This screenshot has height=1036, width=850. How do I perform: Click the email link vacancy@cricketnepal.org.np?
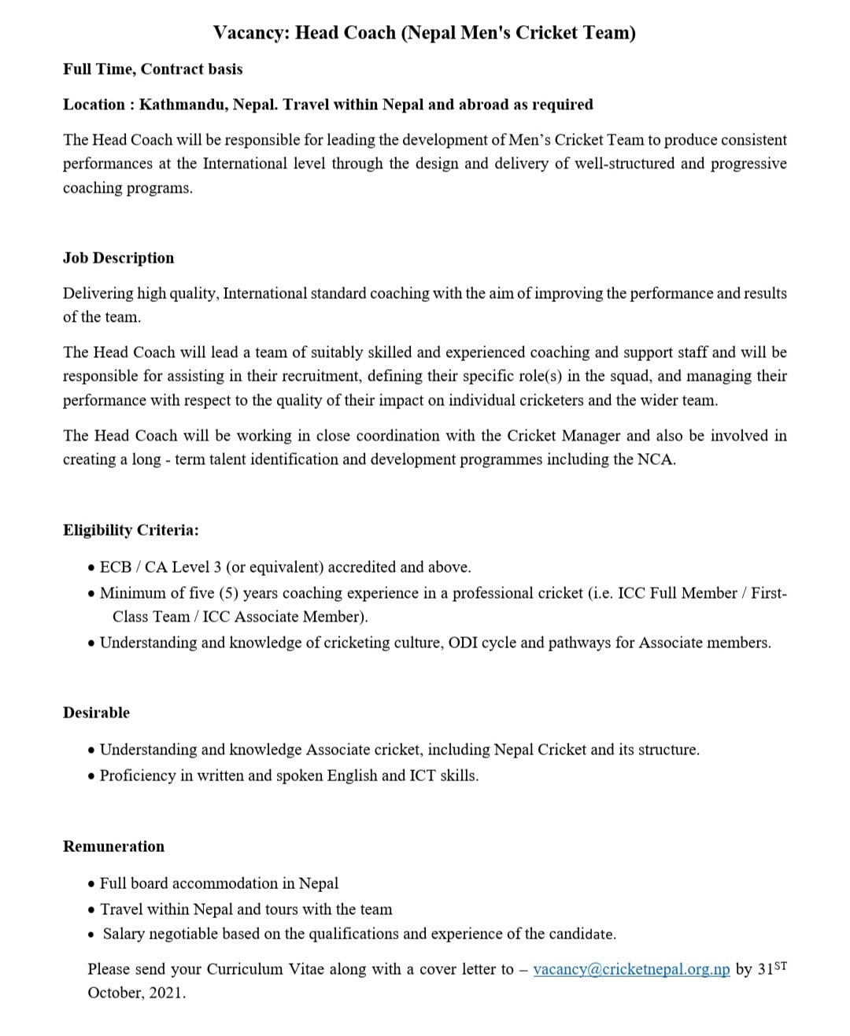pyautogui.click(x=631, y=969)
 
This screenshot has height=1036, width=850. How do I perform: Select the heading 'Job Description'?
pyautogui.click(x=118, y=258)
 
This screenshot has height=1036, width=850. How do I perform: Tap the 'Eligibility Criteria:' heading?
pyautogui.click(x=131, y=530)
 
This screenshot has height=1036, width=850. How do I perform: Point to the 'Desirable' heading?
pyautogui.click(x=96, y=713)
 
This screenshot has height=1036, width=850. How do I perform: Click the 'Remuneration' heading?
pyautogui.click(x=113, y=846)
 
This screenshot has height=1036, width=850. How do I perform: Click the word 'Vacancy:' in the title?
pyautogui.click(x=251, y=33)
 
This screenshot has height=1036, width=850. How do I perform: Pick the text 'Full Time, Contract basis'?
pyautogui.click(x=153, y=69)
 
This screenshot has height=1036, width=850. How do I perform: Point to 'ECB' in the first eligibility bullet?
pyautogui.click(x=116, y=567)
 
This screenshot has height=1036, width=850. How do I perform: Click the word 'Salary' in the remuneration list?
pyautogui.click(x=124, y=934)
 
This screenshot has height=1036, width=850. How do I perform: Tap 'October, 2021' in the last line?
pyautogui.click(x=136, y=993)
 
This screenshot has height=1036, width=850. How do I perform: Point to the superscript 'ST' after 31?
pyautogui.click(x=780, y=964)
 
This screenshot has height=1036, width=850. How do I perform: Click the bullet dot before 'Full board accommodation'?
pyautogui.click(x=92, y=883)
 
